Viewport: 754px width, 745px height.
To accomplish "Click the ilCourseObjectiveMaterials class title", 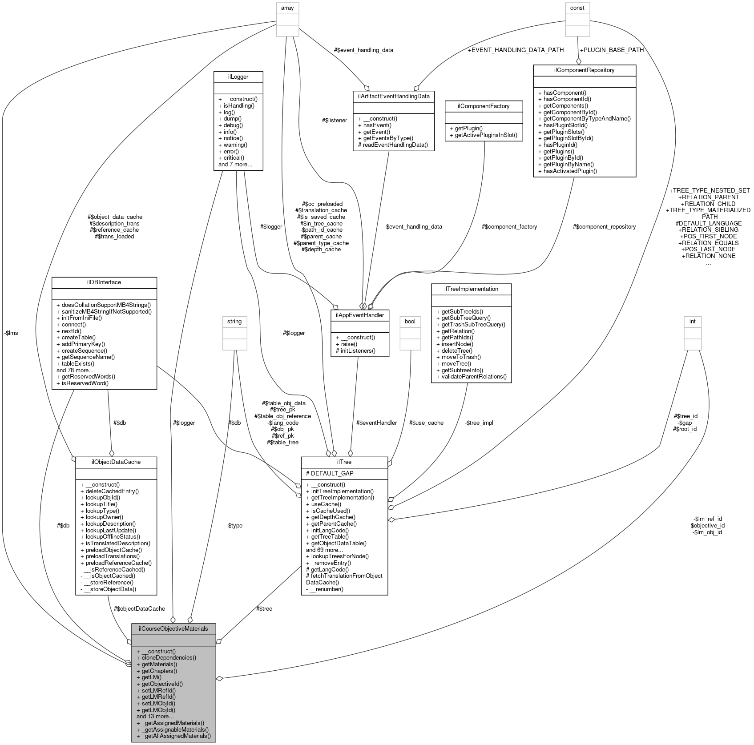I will tap(173, 628).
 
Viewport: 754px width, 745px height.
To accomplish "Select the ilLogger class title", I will tap(238, 77).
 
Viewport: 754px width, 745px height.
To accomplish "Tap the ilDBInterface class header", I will tap(104, 282).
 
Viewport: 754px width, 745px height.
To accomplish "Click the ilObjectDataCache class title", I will tap(116, 462).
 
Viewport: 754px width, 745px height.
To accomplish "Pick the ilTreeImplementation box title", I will tap(471, 289).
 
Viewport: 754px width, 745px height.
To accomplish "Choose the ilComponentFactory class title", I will tap(484, 106).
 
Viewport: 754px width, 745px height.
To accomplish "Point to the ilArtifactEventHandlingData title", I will tap(393, 96).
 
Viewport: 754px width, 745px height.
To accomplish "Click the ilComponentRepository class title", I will tap(585, 70).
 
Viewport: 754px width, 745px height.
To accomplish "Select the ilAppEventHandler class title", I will tap(360, 315).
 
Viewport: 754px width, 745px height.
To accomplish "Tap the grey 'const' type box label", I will tap(577, 8).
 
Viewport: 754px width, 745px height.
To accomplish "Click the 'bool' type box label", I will tap(410, 321).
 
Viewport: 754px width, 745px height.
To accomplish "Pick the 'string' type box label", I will tap(234, 321).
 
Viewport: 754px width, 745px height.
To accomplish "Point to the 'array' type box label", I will tap(287, 8).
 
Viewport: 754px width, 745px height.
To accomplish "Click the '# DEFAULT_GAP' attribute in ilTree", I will tap(330, 473).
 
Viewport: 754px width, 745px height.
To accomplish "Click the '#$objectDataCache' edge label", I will tap(139, 608).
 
